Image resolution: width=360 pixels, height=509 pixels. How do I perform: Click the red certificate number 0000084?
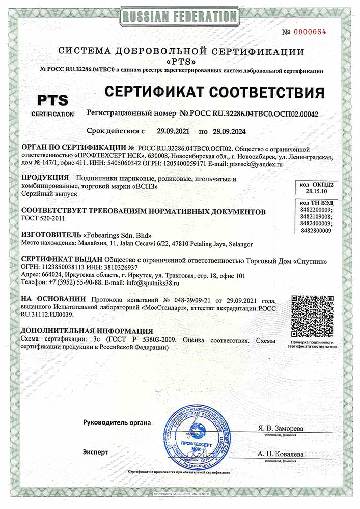pyautogui.click(x=311, y=32)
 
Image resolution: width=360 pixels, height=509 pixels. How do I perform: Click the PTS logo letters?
pyautogui.click(x=51, y=99)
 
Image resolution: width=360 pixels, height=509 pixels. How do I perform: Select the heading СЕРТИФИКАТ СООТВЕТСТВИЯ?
pyautogui.click(x=214, y=93)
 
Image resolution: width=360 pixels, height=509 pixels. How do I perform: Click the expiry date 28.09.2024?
pyautogui.click(x=230, y=131)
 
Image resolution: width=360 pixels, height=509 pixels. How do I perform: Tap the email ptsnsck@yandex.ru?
pyautogui.click(x=259, y=164)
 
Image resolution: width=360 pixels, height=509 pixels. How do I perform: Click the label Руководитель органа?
pyautogui.click(x=117, y=422)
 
